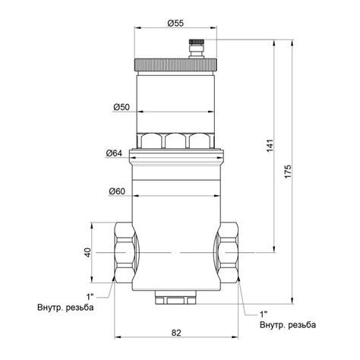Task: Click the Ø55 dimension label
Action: pyautogui.click(x=175, y=24)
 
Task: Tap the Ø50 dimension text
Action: pyautogui.click(x=122, y=107)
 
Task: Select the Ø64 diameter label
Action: pyautogui.click(x=114, y=153)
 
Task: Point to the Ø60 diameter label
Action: pyautogui.click(x=117, y=191)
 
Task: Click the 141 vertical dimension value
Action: pyautogui.click(x=270, y=146)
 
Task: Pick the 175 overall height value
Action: pyautogui.click(x=288, y=172)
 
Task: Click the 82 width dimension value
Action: pyautogui.click(x=176, y=333)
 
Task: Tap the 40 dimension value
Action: pyautogui.click(x=87, y=253)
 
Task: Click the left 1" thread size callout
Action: pyautogui.click(x=90, y=296)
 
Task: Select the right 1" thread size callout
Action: pyautogui.click(x=264, y=314)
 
